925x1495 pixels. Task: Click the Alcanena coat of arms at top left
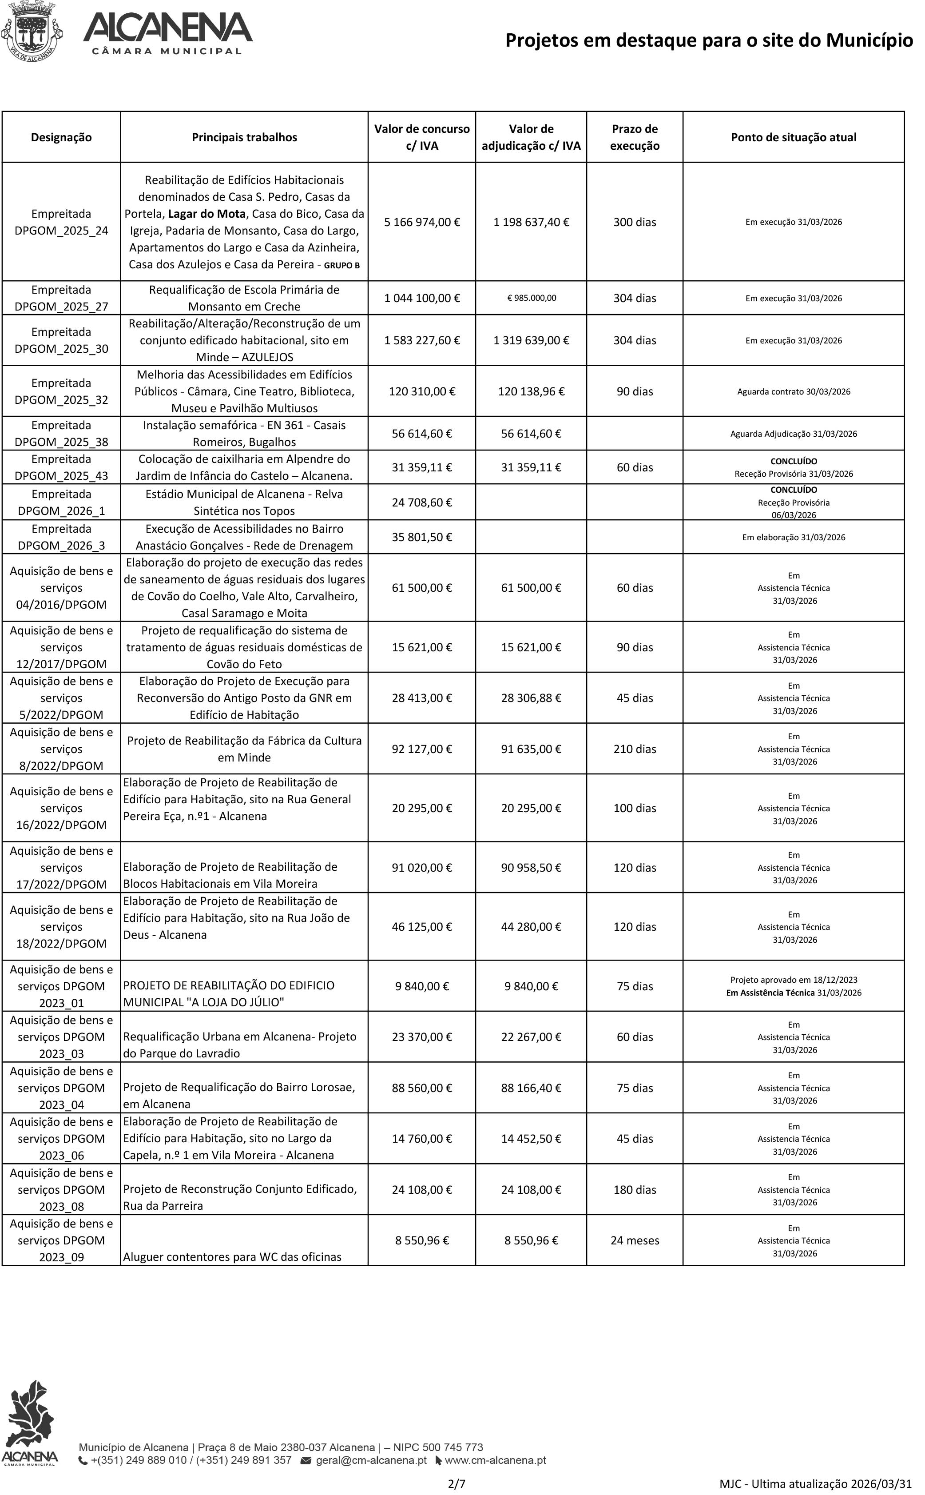pos(32,31)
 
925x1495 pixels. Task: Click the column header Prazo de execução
pos(635,137)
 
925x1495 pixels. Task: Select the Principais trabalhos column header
pos(244,137)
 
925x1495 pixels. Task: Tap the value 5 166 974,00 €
pos(421,222)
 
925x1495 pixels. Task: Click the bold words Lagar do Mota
pos(207,214)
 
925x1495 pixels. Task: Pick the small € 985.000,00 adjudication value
pos(532,298)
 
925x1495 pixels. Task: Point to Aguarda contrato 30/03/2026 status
pos(794,392)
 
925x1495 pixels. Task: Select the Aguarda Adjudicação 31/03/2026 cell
pos(794,434)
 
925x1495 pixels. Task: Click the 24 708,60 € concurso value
pos(421,502)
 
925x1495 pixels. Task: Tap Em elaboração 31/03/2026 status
pos(794,537)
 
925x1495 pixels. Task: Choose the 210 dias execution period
pos(635,749)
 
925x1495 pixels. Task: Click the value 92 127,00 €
pos(421,749)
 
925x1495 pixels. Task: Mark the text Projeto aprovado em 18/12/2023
pos(794,980)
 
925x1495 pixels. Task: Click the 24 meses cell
pos(635,1240)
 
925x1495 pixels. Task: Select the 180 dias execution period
pos(635,1190)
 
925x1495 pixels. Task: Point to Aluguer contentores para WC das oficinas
pos(233,1257)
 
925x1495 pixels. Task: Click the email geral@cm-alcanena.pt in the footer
pos(371,1460)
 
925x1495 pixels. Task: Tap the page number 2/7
pos(457,1483)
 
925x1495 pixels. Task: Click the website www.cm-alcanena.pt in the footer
pos(495,1460)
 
